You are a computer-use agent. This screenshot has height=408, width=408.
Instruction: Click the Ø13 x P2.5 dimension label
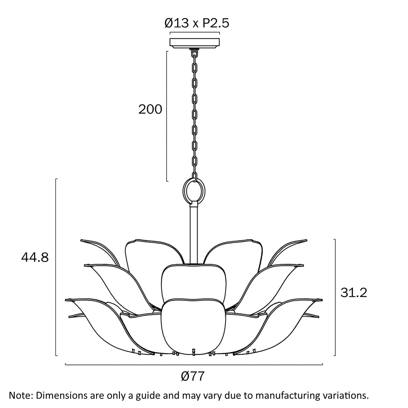[197, 23]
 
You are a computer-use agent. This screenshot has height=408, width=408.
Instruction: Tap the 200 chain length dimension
[150, 109]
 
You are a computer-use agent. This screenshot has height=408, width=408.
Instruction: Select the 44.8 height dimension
[35, 258]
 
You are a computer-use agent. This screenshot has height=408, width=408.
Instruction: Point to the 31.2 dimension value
[354, 293]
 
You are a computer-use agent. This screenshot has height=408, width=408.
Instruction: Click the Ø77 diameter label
[193, 376]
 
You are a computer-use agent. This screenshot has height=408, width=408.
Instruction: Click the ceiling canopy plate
[195, 43]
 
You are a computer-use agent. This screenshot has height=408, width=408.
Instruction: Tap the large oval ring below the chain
[194, 191]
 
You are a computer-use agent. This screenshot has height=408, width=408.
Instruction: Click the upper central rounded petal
[194, 282]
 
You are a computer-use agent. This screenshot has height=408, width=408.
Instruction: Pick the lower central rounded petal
[193, 326]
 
